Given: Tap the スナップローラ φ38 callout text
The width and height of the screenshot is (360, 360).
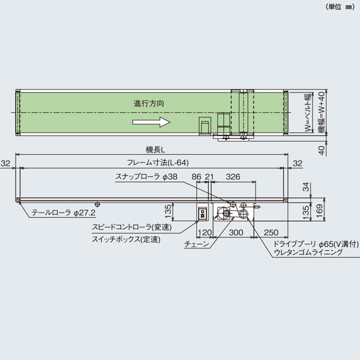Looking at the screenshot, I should point(146,177).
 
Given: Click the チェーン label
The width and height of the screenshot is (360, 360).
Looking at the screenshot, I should point(197,244).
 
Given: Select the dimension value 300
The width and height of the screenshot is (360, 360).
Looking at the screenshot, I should point(236,232).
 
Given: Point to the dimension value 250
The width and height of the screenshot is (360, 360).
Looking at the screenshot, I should point(271,232).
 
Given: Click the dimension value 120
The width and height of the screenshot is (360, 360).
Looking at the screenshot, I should point(205,232).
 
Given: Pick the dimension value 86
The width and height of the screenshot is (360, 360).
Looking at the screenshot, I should point(196,177).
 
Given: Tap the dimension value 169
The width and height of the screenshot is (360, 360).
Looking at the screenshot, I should point(322,210).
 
